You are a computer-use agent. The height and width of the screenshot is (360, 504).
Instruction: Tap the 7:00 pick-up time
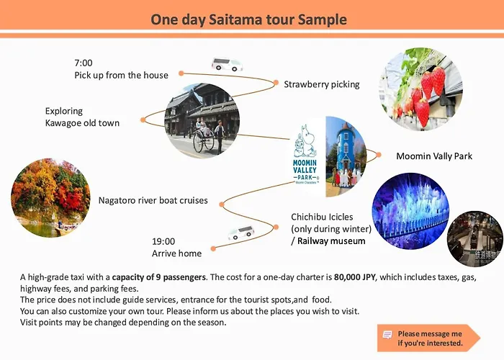tap(84, 63)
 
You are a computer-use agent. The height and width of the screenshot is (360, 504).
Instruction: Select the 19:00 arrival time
tap(163, 241)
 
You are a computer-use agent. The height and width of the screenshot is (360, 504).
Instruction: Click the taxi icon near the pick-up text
tap(227, 64)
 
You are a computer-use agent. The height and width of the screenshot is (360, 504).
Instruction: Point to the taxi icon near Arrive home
tap(241, 233)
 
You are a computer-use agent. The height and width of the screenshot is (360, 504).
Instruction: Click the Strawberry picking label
tap(321, 84)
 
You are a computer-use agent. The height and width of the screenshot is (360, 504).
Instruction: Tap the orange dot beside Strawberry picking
tap(276, 83)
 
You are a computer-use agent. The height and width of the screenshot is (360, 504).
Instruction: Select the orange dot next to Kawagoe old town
tap(143, 120)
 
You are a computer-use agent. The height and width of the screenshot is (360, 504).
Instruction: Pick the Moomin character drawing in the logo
tap(303, 142)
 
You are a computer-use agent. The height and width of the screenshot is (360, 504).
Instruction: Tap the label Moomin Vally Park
tap(434, 156)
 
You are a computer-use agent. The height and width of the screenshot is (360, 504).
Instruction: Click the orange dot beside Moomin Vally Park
tap(379, 155)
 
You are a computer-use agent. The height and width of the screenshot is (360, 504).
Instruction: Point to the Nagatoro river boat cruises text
tap(153, 200)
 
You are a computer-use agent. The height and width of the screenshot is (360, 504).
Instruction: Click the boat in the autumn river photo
tap(63, 229)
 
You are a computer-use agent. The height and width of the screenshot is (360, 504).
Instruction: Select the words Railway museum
tap(331, 241)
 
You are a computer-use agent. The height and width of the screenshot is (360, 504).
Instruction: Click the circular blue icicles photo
tap(410, 211)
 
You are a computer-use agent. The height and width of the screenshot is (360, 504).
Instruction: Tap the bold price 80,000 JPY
tap(354, 277)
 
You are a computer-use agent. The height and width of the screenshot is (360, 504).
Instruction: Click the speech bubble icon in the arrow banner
tap(387, 335)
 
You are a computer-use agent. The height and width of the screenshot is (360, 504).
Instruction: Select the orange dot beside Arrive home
tap(213, 248)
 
